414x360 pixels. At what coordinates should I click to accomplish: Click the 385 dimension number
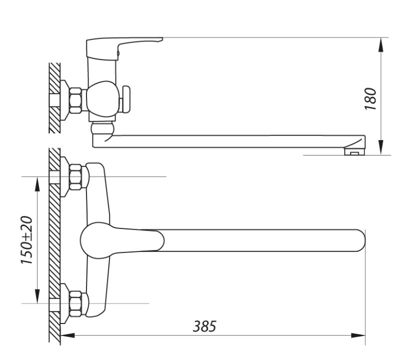tap(204, 326)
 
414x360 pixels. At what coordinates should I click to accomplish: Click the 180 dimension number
tap(370, 99)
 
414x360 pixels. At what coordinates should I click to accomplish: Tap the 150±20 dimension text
tap(26, 240)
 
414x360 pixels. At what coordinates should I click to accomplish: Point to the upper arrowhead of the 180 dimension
tap(380, 45)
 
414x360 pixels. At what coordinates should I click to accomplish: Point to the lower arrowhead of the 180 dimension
tap(380, 147)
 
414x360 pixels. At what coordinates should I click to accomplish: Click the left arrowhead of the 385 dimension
tap(67, 335)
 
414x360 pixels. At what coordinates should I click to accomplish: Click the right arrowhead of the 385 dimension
tap(358, 335)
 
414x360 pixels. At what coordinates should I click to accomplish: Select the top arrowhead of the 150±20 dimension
tap(37, 184)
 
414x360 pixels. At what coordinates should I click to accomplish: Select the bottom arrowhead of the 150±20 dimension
tap(37, 296)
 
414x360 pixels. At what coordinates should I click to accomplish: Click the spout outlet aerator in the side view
tap(354, 151)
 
